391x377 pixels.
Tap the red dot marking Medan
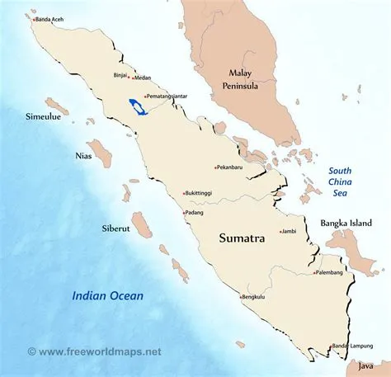131,79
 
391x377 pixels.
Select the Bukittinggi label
201,193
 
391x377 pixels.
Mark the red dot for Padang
184,212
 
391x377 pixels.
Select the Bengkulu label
257,297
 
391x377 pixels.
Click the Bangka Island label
347,224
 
